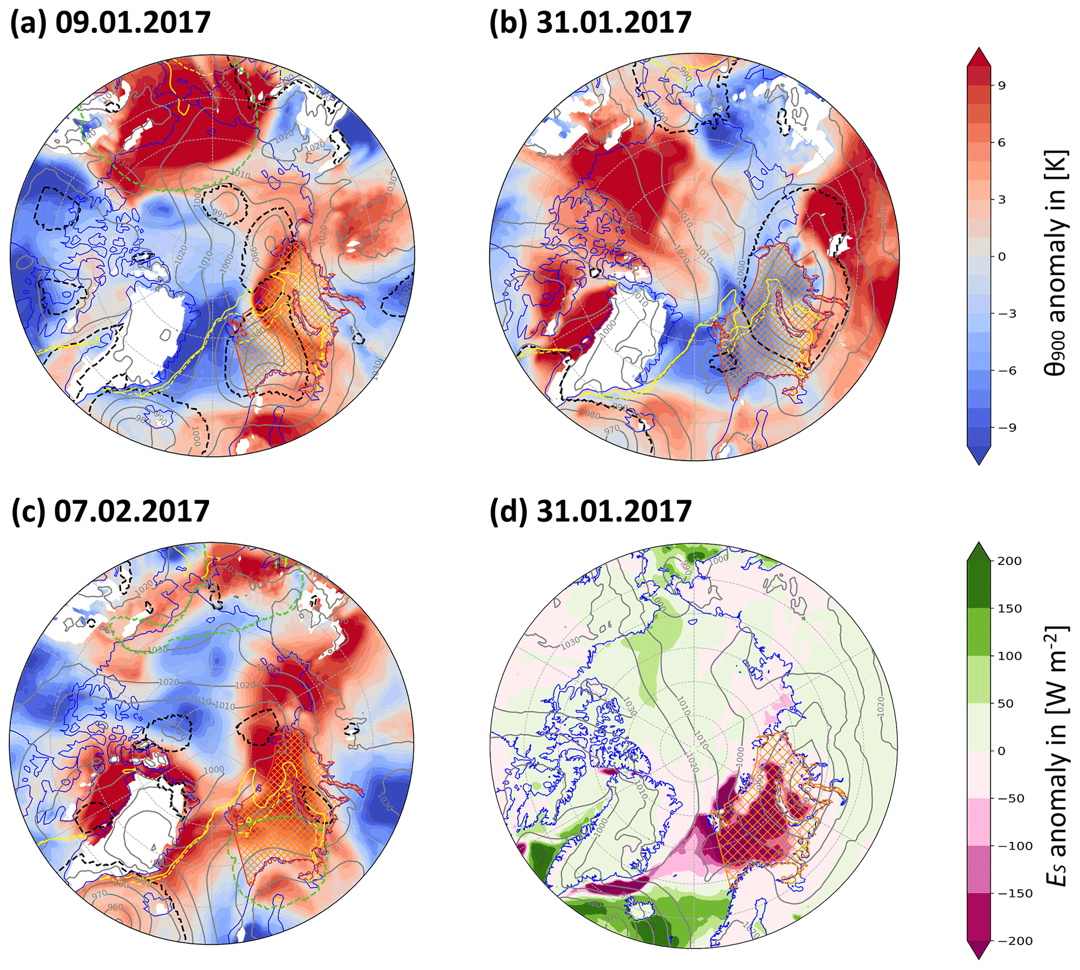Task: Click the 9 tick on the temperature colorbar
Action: (1002, 86)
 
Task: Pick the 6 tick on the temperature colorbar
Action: (1002, 143)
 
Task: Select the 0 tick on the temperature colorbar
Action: (1002, 257)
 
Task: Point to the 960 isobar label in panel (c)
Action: (115, 907)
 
